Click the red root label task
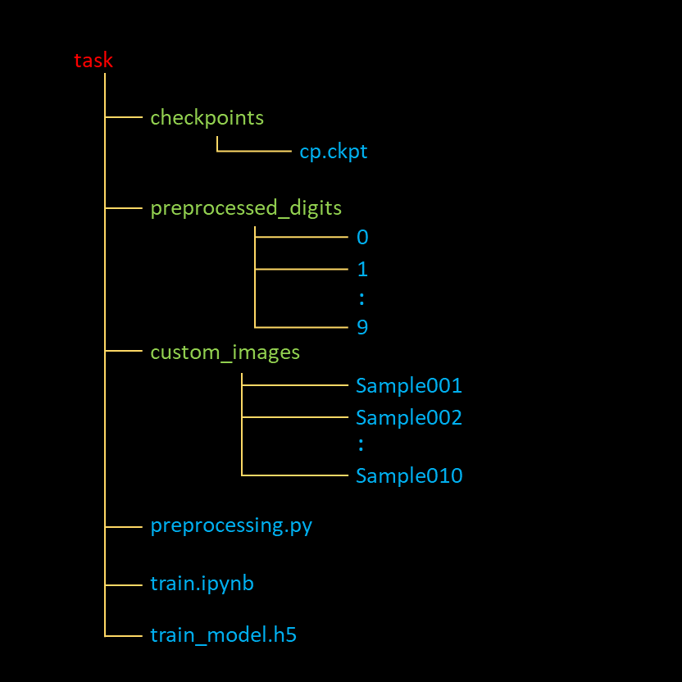[x=93, y=61]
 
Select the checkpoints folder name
[x=207, y=118]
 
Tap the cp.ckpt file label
[x=334, y=152]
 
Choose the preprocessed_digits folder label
[x=246, y=208]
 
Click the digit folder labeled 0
[x=362, y=238]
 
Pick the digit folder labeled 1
[x=362, y=270]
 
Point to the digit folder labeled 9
[x=362, y=327]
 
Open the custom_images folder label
[x=225, y=352]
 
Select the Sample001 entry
[x=409, y=385]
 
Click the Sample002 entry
[x=409, y=417]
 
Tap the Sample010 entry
[x=409, y=475]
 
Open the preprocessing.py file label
[x=231, y=525]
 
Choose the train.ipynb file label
[x=202, y=584]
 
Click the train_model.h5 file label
[x=223, y=634]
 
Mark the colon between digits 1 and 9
[x=361, y=298]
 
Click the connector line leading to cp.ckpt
[x=254, y=152]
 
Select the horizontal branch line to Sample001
[x=295, y=384]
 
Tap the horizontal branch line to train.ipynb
[x=124, y=585]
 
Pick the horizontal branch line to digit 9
[x=302, y=327]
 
